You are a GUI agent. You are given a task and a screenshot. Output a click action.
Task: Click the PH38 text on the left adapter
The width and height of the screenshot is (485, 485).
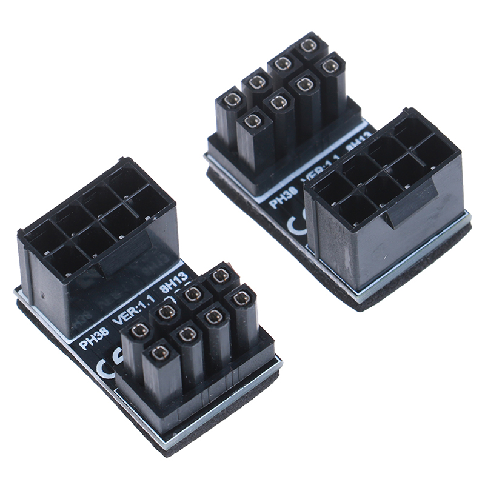[95, 340]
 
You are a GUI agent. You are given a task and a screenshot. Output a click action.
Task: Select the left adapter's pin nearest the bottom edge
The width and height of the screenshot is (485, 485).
[160, 352]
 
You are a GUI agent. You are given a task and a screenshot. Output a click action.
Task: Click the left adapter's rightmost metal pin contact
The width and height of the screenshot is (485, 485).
[242, 297]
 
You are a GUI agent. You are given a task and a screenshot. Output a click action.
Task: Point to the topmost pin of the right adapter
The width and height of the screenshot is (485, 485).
[309, 45]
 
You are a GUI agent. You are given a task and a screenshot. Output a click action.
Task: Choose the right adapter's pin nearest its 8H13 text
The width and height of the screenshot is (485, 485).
[330, 66]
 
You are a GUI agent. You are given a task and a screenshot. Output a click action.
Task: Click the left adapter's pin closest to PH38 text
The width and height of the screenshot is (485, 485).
[140, 330]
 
